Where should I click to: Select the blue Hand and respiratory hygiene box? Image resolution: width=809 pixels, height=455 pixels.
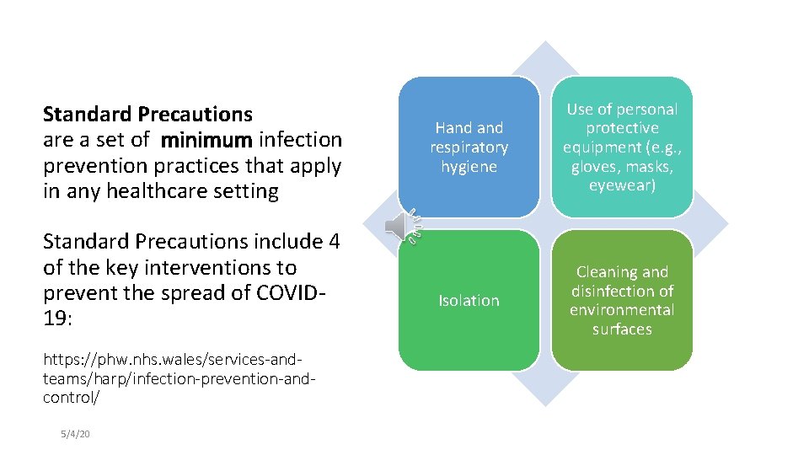469,147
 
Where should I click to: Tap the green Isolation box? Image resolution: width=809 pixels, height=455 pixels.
469,300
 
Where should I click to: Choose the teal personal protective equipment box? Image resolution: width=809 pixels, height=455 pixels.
622,147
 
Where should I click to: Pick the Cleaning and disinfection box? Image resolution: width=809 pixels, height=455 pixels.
622,300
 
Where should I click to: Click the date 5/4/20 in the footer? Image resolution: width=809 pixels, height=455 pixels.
75,433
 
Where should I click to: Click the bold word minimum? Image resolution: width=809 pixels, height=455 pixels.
206,139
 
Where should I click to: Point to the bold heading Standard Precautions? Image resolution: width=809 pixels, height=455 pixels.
147,114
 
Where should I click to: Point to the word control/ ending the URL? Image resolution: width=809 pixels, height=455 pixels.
71,397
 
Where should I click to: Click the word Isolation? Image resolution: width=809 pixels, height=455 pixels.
469,301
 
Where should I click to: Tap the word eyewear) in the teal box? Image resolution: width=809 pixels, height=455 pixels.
622,185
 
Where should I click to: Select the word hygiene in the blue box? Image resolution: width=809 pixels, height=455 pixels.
469,167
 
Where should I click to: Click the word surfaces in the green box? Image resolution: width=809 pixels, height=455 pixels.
622,329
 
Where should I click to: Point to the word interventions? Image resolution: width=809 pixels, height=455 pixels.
221,268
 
